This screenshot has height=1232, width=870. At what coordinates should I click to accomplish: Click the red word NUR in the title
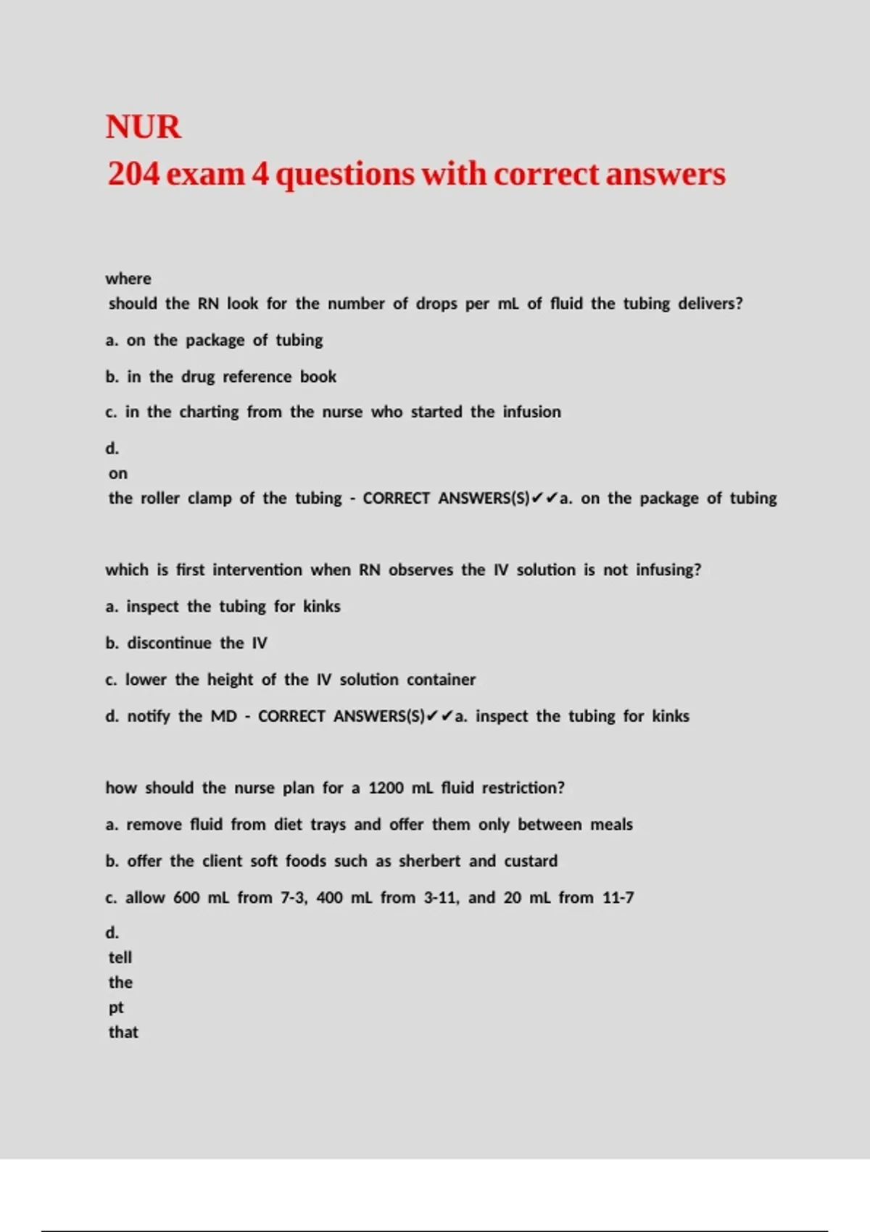[144, 127]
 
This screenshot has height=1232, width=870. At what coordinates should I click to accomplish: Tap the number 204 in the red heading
[133, 175]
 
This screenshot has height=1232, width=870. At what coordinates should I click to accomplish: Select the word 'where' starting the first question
[128, 279]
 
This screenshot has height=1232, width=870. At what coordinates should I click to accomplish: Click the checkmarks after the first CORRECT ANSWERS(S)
[544, 499]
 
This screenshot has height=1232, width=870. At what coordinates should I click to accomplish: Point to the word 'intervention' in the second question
[257, 570]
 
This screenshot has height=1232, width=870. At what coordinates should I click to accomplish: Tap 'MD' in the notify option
[224, 717]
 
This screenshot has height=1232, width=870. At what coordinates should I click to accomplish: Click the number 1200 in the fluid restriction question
[386, 788]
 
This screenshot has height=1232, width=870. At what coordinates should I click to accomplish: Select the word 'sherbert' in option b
[429, 861]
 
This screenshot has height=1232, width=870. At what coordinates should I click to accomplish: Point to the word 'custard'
[531, 861]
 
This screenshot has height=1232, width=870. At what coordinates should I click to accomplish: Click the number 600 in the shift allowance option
[186, 898]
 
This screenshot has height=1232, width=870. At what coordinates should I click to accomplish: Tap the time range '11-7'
[618, 898]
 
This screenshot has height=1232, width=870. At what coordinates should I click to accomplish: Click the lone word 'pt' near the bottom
[116, 1008]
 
